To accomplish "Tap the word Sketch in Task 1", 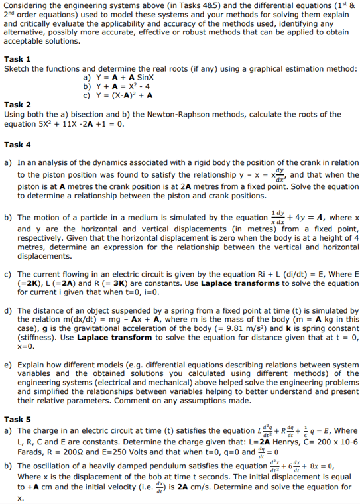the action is pyautogui.click(x=18, y=68).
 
